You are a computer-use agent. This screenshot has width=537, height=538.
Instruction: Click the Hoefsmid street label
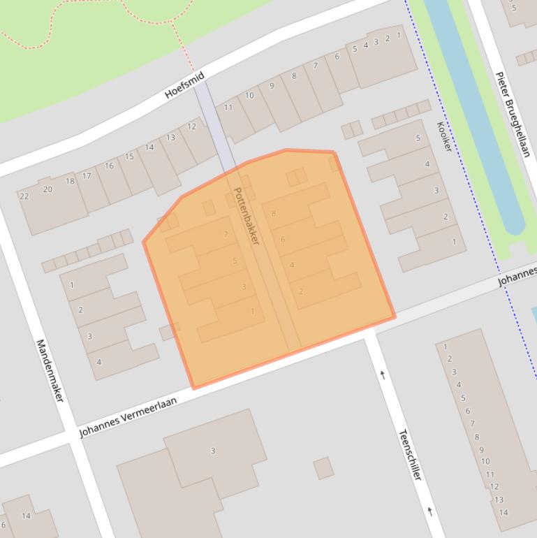click(x=185, y=85)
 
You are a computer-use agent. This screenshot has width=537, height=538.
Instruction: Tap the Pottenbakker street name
click(x=246, y=215)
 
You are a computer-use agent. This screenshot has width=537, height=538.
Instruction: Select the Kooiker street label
click(x=444, y=137)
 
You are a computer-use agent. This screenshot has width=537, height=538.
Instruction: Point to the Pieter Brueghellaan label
click(x=513, y=114)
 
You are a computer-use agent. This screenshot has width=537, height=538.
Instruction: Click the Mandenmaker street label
click(x=50, y=370)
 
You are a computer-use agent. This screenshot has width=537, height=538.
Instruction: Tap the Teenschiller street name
click(x=410, y=454)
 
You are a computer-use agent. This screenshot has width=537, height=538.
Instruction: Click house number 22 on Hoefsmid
click(x=24, y=196)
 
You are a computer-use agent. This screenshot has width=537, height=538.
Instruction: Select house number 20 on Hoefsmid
click(x=47, y=189)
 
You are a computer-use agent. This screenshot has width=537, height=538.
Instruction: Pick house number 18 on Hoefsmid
click(x=70, y=182)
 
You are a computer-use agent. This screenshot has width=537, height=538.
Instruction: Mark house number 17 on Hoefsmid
click(x=87, y=175)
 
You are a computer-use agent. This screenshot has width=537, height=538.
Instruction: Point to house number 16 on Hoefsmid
click(x=109, y=166)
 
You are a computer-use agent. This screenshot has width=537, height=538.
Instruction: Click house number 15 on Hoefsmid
click(x=129, y=157)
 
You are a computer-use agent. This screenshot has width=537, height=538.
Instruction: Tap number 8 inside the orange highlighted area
click(x=273, y=214)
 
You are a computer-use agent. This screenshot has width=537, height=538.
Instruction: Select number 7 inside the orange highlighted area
click(x=226, y=234)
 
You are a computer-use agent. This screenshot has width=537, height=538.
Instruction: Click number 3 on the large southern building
click(x=213, y=451)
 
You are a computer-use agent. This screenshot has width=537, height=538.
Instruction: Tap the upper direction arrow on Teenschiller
click(x=382, y=375)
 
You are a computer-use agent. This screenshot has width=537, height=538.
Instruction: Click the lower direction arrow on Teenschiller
click(x=429, y=511)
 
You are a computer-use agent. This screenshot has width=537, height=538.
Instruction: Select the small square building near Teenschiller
click(x=323, y=468)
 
